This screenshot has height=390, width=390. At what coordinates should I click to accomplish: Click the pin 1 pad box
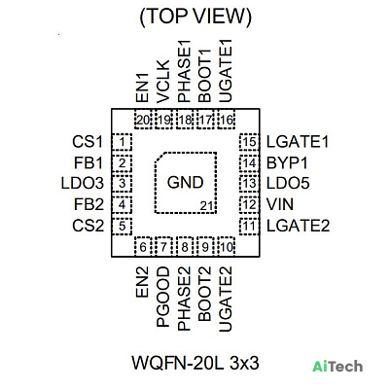(122, 142)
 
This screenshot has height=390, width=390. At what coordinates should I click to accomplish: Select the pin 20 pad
(143, 120)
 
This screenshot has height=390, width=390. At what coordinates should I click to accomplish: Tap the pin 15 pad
(249, 142)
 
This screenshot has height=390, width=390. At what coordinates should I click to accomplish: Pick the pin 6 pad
(143, 247)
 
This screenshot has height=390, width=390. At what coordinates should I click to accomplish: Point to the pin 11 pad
(249, 226)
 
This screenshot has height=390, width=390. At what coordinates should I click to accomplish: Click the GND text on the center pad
(185, 182)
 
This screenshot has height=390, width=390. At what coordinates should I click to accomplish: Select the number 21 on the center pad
(206, 206)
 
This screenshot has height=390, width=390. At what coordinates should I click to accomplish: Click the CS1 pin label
(88, 142)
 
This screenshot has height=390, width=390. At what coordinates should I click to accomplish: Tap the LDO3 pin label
(83, 183)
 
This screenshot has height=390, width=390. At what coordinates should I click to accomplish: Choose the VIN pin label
(280, 204)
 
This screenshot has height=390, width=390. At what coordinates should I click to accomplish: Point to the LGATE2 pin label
(298, 226)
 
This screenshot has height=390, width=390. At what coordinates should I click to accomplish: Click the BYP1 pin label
(287, 162)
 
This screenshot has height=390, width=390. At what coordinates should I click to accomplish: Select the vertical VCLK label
(163, 82)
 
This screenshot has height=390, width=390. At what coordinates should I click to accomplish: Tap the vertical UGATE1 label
(226, 72)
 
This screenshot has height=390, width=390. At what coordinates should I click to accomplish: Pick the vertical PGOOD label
(163, 297)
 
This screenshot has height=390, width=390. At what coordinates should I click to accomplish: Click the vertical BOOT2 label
(204, 294)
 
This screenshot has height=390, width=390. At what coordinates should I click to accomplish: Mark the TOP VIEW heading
(195, 17)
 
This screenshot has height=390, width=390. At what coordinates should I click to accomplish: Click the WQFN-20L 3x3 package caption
(195, 363)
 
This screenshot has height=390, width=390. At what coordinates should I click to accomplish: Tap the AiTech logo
(337, 367)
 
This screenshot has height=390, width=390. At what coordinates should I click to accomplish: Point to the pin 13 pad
(249, 183)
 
